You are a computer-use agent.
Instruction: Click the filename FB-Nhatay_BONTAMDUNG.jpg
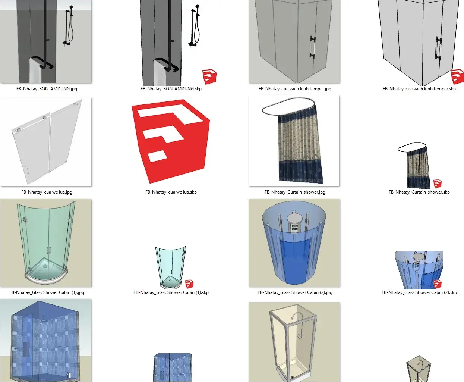(47, 89)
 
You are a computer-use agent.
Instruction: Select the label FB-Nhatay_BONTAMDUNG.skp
(171, 89)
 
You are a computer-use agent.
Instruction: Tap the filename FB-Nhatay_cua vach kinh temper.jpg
(295, 89)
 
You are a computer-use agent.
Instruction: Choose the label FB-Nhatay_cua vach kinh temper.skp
(419, 89)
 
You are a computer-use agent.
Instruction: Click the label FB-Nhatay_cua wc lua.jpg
(47, 192)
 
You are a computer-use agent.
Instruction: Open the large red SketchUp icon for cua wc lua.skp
(171, 141)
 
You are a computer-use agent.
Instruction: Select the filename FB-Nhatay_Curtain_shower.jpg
(295, 192)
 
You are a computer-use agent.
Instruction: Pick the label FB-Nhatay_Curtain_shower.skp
(419, 192)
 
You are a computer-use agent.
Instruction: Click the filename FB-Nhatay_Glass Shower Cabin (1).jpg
(47, 292)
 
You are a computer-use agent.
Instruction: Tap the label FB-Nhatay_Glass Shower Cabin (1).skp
(171, 292)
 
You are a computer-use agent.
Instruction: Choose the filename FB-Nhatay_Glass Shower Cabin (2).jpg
(295, 292)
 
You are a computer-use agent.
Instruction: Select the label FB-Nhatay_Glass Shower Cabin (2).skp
(419, 292)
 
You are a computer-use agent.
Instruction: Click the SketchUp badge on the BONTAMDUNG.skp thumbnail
(209, 77)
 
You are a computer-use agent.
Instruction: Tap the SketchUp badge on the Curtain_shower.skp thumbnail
(438, 184)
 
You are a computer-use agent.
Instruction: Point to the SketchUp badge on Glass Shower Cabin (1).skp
(189, 284)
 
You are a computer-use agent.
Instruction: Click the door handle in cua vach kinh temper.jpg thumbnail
(313, 47)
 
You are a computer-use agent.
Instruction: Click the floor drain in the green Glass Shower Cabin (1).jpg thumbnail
(45, 266)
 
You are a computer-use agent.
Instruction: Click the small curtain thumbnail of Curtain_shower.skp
(414, 166)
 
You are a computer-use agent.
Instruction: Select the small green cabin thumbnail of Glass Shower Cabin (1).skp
(171, 267)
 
